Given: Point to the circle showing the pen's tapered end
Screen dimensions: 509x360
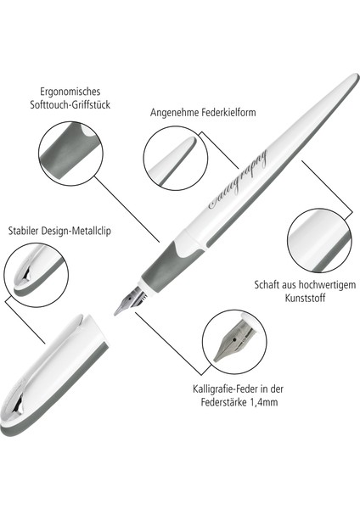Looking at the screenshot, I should (175, 158).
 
